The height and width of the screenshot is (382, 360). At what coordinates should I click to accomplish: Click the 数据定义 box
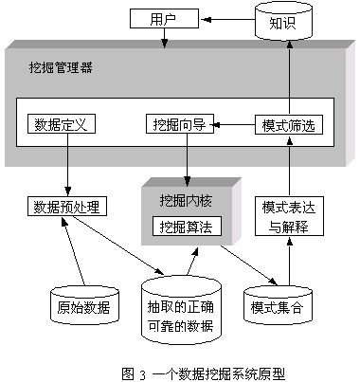(61, 124)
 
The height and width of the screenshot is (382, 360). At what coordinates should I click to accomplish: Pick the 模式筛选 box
(284, 124)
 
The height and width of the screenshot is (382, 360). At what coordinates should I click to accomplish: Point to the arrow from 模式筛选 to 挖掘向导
(231, 124)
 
